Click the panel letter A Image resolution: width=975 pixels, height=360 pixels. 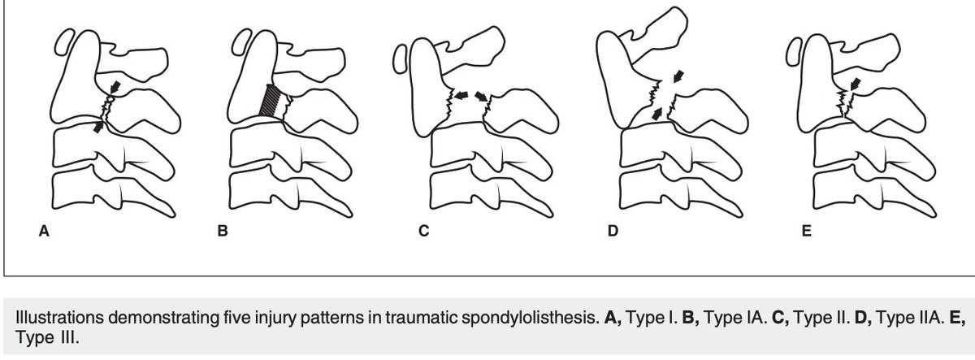(x=45, y=232)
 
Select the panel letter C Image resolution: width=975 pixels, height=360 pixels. (x=423, y=232)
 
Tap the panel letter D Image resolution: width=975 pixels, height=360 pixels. (x=612, y=232)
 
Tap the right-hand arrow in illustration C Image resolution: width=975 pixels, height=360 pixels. (x=482, y=95)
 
